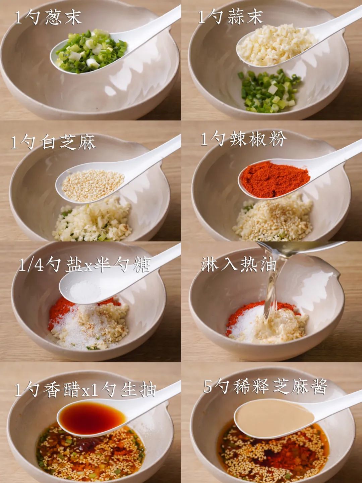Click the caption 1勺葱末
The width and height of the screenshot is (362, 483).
[48, 17]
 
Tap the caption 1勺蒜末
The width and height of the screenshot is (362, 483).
[230, 17]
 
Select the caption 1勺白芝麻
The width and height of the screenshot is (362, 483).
[53, 142]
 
